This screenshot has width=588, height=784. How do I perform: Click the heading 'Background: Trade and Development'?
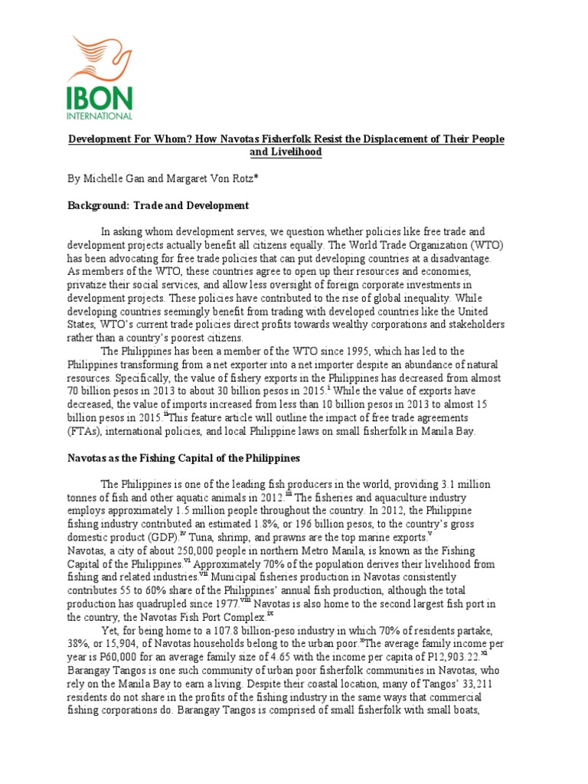(x=158, y=205)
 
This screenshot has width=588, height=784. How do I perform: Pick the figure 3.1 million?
(x=458, y=485)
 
